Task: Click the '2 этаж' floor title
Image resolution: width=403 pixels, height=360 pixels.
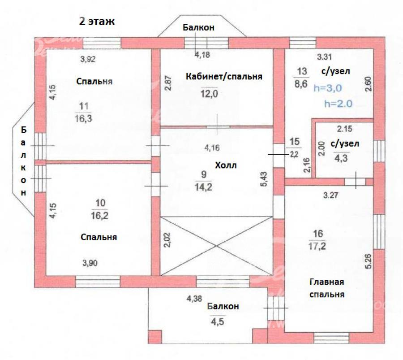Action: [97, 22]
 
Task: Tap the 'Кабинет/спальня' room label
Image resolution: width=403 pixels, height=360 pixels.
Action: [224, 76]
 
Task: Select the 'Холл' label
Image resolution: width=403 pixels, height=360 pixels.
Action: [226, 165]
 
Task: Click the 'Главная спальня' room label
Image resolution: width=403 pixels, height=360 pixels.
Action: [327, 288]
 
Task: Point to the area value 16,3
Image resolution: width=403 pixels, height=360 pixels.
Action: [84, 119]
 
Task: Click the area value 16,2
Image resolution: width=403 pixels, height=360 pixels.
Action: [99, 216]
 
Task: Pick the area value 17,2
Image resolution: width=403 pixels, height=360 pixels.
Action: [317, 246]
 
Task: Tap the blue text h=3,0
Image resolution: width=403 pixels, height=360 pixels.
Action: [328, 88]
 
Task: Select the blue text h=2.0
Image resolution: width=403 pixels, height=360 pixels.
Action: [338, 104]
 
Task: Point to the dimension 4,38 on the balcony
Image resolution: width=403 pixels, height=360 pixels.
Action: [194, 299]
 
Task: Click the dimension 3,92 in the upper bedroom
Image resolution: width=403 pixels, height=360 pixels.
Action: [88, 59]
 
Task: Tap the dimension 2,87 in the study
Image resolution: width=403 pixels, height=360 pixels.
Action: [168, 83]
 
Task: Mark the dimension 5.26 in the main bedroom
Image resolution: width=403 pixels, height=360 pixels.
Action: [369, 261]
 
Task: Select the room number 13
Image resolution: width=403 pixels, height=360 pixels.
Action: [302, 71]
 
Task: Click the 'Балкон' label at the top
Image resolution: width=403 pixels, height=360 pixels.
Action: [198, 27]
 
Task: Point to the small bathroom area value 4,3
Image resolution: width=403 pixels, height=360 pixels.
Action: [341, 158]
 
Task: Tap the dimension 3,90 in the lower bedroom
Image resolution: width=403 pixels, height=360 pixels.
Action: [90, 263]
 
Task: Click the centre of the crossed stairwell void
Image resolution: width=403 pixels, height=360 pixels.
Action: [216, 246]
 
